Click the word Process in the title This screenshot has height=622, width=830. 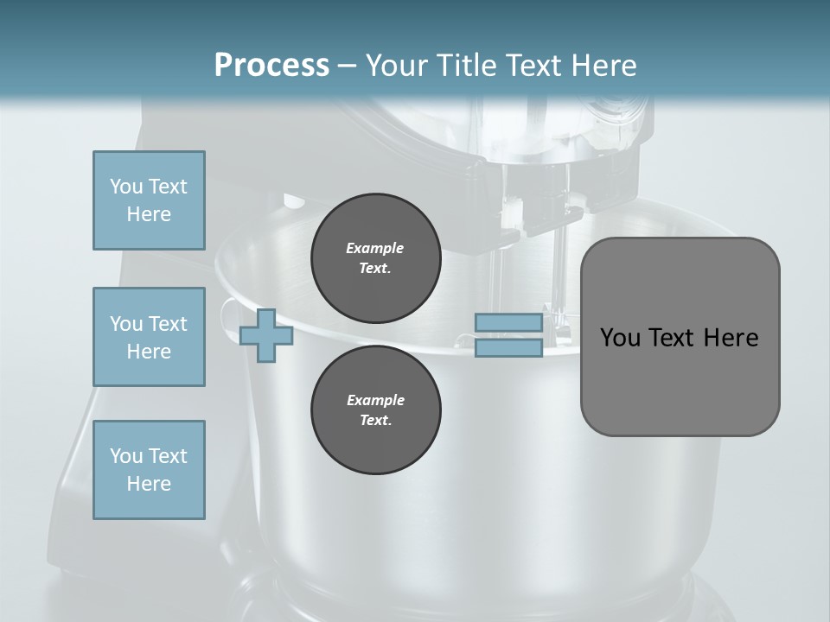[x=271, y=66]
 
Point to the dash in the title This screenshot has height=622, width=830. [x=347, y=67]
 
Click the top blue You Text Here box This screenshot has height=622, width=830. [x=149, y=200]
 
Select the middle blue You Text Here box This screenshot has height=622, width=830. [x=149, y=337]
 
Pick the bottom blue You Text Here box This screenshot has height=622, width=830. [x=149, y=470]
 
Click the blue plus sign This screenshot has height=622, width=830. [x=266, y=335]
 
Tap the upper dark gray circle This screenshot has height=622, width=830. [x=375, y=258]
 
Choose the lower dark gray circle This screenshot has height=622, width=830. [x=375, y=410]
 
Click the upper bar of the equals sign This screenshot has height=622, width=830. [x=508, y=323]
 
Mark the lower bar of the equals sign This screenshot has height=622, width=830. [x=508, y=348]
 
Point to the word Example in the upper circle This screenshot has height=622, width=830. [x=375, y=248]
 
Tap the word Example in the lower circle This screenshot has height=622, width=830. [x=375, y=400]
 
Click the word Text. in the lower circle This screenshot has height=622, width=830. [x=375, y=421]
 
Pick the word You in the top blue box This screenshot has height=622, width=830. [x=126, y=187]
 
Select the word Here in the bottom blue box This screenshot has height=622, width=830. [x=149, y=484]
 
